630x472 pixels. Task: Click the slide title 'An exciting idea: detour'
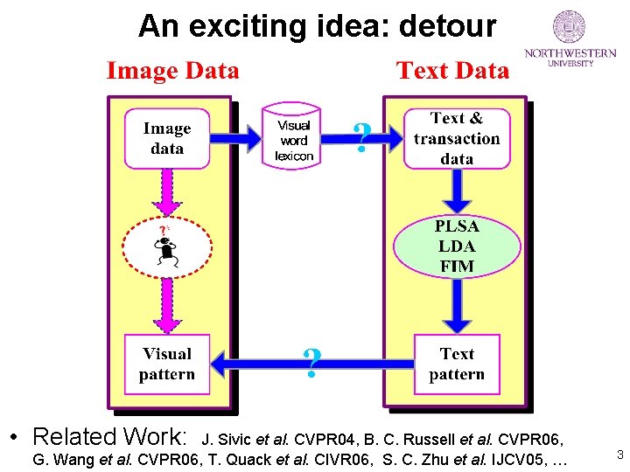317,26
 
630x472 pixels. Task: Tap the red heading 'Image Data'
172,71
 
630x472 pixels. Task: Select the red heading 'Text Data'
452,71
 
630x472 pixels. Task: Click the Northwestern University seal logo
570,27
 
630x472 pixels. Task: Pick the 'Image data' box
167,138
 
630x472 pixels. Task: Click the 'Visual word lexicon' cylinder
294,137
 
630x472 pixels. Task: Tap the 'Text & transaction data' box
457,138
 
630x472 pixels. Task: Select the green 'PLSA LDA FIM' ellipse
457,246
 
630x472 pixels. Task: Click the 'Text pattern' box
457,364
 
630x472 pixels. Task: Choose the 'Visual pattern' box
167,364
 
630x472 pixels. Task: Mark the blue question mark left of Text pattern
311,362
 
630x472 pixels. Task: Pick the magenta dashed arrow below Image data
167,190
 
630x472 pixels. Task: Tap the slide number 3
619,455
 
